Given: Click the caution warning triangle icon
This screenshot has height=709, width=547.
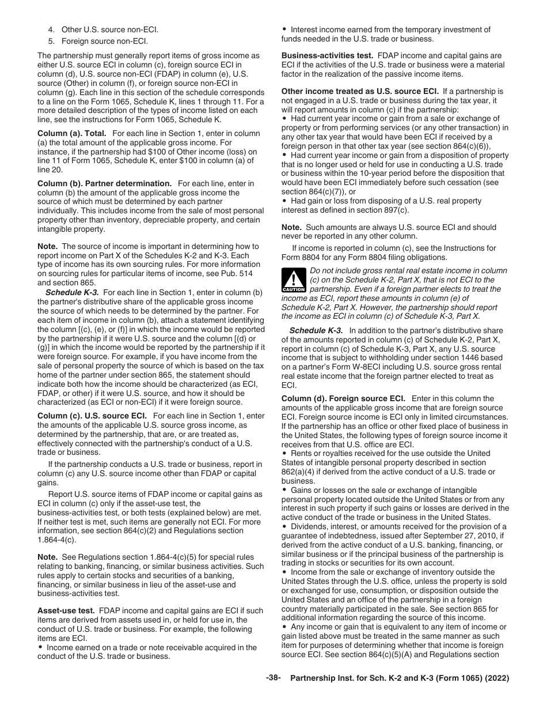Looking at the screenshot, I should pos(294,281).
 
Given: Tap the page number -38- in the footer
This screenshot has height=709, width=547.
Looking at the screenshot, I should pos(273,678).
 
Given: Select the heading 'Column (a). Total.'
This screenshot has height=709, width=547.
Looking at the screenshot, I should pos(72,133).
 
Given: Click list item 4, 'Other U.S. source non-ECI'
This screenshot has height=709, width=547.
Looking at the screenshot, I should pos(109,29).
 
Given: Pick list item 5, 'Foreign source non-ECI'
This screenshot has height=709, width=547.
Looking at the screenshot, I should pos(104,41).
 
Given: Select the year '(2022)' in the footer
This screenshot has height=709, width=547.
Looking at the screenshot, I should pos(497,678).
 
